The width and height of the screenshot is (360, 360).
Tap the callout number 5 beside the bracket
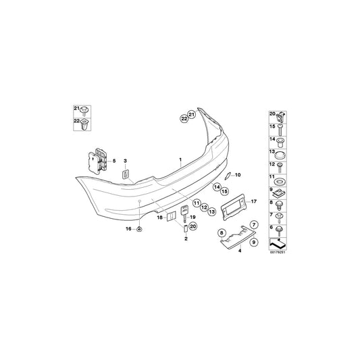pyautogui.click(x=114, y=160)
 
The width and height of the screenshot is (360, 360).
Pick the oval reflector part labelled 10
pyautogui.click(x=227, y=177)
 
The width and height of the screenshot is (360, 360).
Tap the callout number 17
pyautogui.click(x=255, y=201)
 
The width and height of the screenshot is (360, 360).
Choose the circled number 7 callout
pyautogui.click(x=254, y=224)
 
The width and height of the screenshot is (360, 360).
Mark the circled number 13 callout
pyautogui.click(x=211, y=212)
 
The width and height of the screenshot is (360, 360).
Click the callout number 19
pyautogui.click(x=193, y=217)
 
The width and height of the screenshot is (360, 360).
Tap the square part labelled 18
pyautogui.click(x=171, y=216)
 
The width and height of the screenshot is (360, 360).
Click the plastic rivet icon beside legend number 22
pyautogui.click(x=84, y=125)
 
